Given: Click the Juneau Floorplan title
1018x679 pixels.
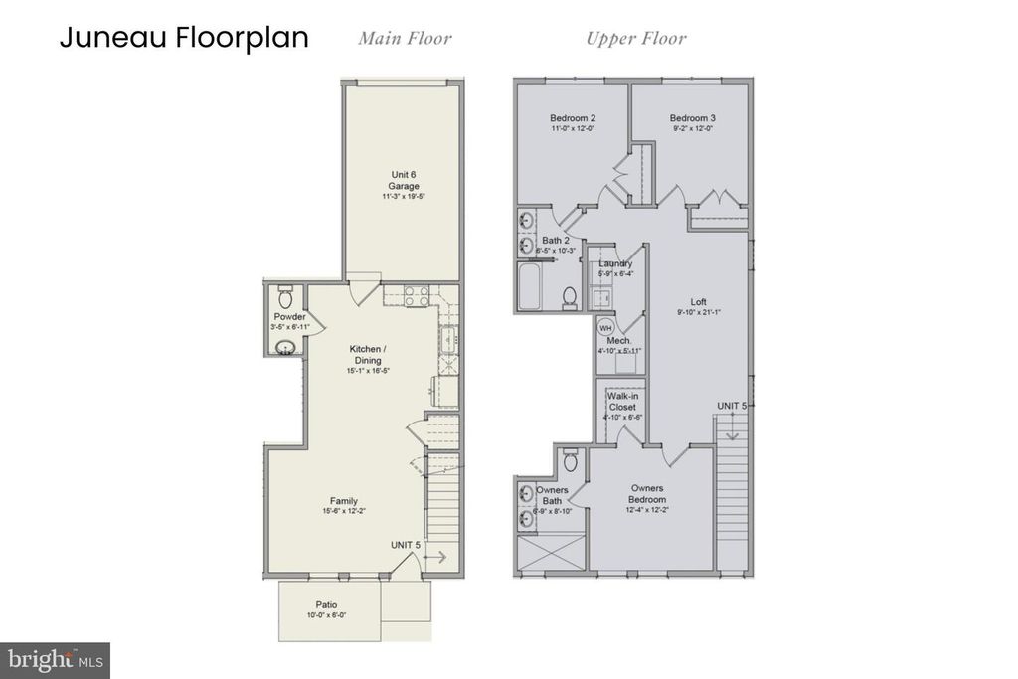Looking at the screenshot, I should [184, 38].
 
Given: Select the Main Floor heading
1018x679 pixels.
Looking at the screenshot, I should [405, 39].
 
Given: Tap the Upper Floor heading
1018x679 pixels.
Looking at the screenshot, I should [635, 39].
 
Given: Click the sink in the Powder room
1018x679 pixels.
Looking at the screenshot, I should [286, 346].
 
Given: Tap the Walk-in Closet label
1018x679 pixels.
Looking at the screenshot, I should [622, 401].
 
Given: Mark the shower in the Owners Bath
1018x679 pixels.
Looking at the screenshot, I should [549, 550].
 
